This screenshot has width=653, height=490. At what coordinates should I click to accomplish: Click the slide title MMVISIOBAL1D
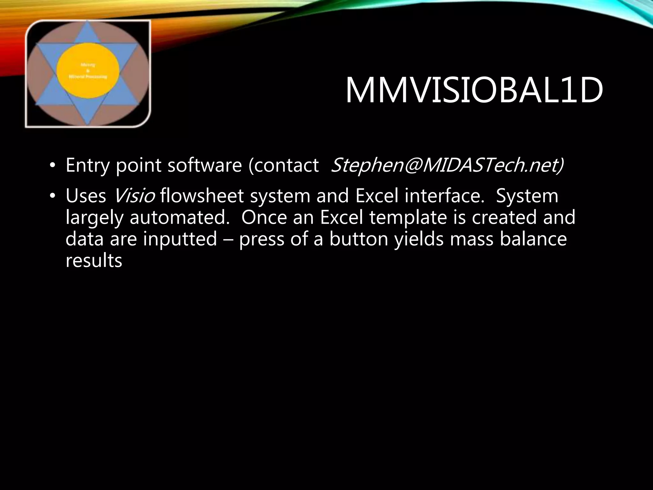point(474,90)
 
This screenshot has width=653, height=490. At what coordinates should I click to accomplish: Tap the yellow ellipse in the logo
point(88,71)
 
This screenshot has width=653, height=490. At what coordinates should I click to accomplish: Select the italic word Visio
point(134,196)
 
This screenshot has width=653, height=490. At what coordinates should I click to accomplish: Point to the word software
point(204,165)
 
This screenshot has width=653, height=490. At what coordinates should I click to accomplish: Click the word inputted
point(180,239)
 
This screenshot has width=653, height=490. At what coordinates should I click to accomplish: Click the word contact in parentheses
point(287,165)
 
